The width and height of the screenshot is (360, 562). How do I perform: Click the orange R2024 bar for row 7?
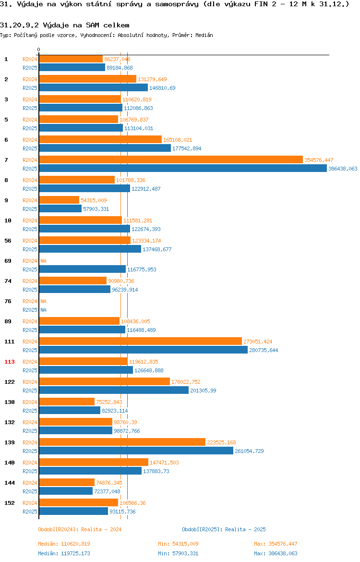point(171,160)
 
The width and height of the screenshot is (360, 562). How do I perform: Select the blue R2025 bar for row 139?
point(136,451)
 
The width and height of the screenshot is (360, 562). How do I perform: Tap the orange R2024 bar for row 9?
point(59,200)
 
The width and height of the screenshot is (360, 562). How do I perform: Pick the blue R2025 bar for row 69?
point(83,269)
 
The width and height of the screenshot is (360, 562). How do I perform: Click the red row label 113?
point(9,362)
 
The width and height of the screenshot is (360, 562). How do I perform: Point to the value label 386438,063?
point(343,169)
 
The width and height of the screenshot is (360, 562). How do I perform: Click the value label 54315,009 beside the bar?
point(94,200)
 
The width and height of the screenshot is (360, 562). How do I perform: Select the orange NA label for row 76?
point(43,301)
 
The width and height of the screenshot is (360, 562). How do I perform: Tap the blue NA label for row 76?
point(43,310)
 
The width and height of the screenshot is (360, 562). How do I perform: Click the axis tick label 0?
point(39,50)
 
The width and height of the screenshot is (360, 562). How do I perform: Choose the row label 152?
point(9,503)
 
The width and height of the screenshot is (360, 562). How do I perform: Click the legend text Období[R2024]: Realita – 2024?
point(80,529)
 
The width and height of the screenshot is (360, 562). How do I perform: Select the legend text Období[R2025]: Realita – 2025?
point(224,529)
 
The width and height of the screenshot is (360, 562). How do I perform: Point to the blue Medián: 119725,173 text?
point(64,553)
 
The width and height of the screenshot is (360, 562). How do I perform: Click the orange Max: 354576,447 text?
point(276,544)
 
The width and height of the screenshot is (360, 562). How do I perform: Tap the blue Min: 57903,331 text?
point(179,553)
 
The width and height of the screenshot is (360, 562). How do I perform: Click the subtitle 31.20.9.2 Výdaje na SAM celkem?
point(65,25)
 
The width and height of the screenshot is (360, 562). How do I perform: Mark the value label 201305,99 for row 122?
point(203,391)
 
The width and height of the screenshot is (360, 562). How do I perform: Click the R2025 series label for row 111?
point(30,350)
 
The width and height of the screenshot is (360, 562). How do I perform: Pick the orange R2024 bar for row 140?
point(94,463)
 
